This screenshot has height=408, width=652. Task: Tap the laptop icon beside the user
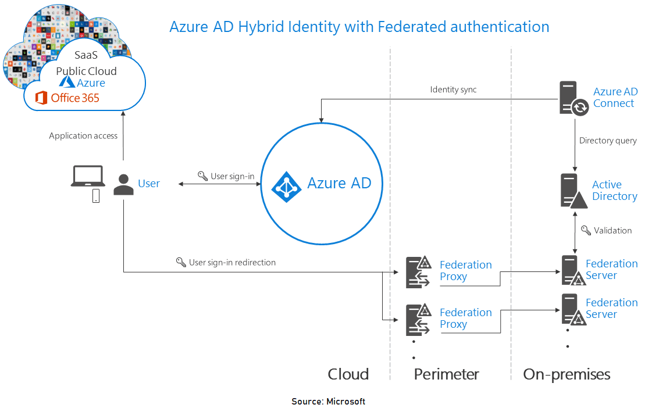(87, 176)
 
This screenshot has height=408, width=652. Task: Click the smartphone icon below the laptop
(96, 196)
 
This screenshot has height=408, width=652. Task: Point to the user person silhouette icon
(123, 185)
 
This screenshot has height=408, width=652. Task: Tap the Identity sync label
(453, 90)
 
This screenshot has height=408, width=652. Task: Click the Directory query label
(608, 141)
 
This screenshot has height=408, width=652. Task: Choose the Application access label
(83, 136)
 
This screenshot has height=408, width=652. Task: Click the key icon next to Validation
(586, 230)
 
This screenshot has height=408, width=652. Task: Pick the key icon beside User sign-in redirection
(181, 262)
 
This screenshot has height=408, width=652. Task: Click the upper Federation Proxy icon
(418, 271)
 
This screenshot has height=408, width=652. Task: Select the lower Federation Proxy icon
(418, 319)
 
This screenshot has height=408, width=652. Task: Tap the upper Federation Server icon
(573, 270)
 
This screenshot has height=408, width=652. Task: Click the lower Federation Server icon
(573, 309)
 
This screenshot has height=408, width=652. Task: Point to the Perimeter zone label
(446, 374)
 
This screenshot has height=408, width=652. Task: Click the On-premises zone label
(567, 374)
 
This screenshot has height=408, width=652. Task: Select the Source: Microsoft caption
(328, 402)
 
